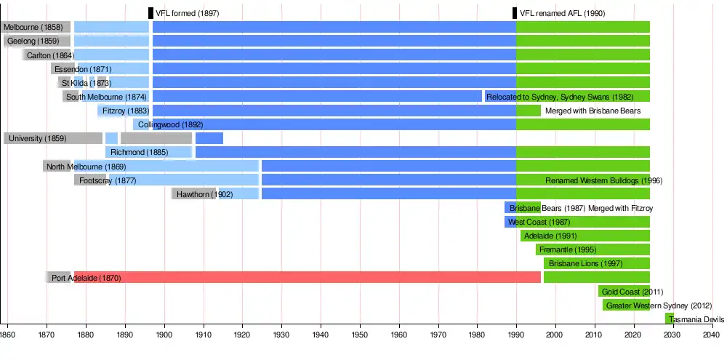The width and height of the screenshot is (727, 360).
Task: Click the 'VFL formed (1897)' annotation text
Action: click(x=188, y=13)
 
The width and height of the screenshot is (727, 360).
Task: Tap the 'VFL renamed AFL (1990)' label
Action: click(x=563, y=13)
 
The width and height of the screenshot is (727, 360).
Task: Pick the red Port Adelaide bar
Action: click(x=327, y=277)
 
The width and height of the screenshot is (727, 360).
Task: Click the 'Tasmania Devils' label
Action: click(x=696, y=319)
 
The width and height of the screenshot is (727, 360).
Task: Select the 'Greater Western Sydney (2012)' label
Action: click(x=659, y=305)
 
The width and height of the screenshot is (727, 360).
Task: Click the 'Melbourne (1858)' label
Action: click(x=33, y=27)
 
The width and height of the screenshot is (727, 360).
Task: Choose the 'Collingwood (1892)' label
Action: click(x=170, y=124)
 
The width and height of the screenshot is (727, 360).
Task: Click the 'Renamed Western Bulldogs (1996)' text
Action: click(x=603, y=180)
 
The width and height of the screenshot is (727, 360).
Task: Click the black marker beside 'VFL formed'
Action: click(x=150, y=13)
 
